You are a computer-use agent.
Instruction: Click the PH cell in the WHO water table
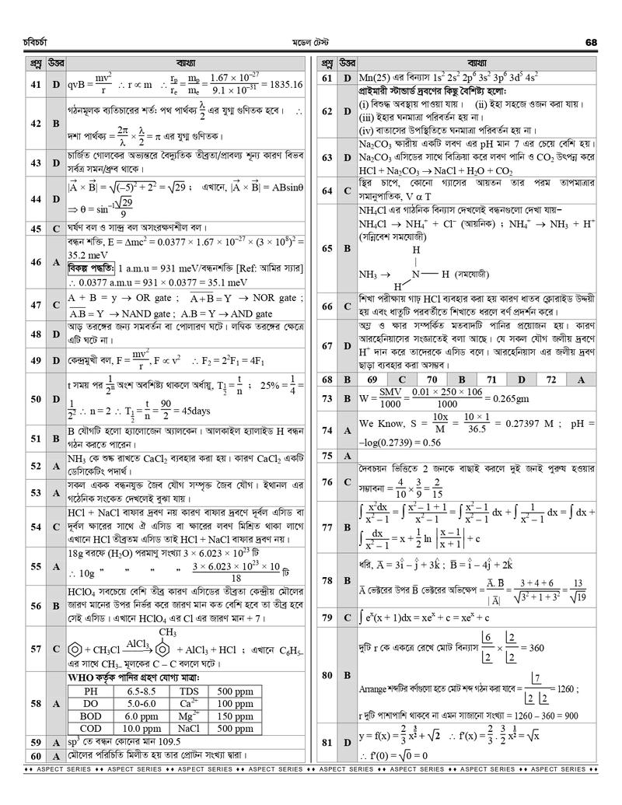(x=92, y=691)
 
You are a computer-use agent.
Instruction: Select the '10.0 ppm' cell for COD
(x=141, y=728)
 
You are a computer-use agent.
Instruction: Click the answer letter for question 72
(x=580, y=380)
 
